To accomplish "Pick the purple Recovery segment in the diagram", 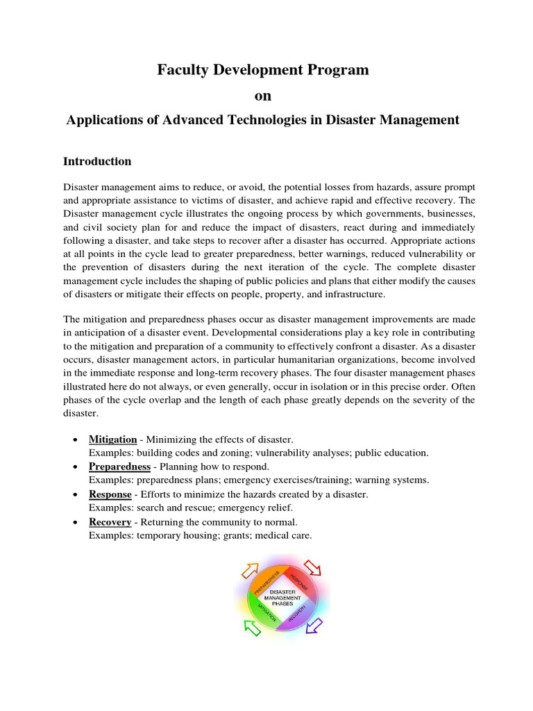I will coord(298,611).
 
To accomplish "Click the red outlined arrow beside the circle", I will coord(314,568).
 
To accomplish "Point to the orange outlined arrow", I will coord(248,571).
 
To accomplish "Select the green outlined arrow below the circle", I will coord(252,627).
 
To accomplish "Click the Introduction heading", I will coord(97,161).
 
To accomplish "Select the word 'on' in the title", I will coord(262,95).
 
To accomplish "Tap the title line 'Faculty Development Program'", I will coord(262,69).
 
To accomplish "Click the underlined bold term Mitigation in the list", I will coord(112,440).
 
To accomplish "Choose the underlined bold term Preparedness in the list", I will coord(119,467).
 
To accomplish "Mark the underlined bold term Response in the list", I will coord(110,494).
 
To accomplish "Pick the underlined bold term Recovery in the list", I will coord(110,521).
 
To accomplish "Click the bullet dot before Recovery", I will coord(74,522).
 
